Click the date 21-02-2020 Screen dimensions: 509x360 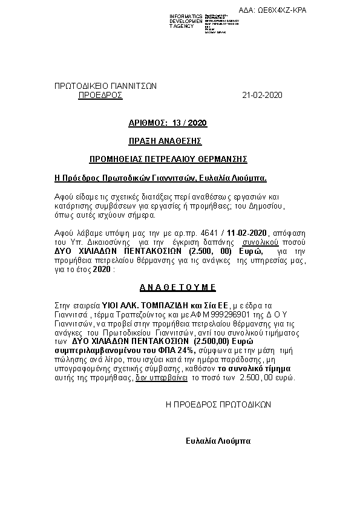coord(262,96)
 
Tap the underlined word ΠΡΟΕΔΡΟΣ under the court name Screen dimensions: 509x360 coord(100,96)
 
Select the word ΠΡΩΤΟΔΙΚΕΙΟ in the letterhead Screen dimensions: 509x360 coord(82,86)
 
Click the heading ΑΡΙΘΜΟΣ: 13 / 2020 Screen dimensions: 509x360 coord(168,123)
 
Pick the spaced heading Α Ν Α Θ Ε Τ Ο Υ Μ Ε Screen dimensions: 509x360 coord(174,287)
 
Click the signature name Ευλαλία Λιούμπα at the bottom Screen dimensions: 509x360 coord(218,441)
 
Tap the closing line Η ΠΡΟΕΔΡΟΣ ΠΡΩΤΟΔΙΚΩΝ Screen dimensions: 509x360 coord(218,404)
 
